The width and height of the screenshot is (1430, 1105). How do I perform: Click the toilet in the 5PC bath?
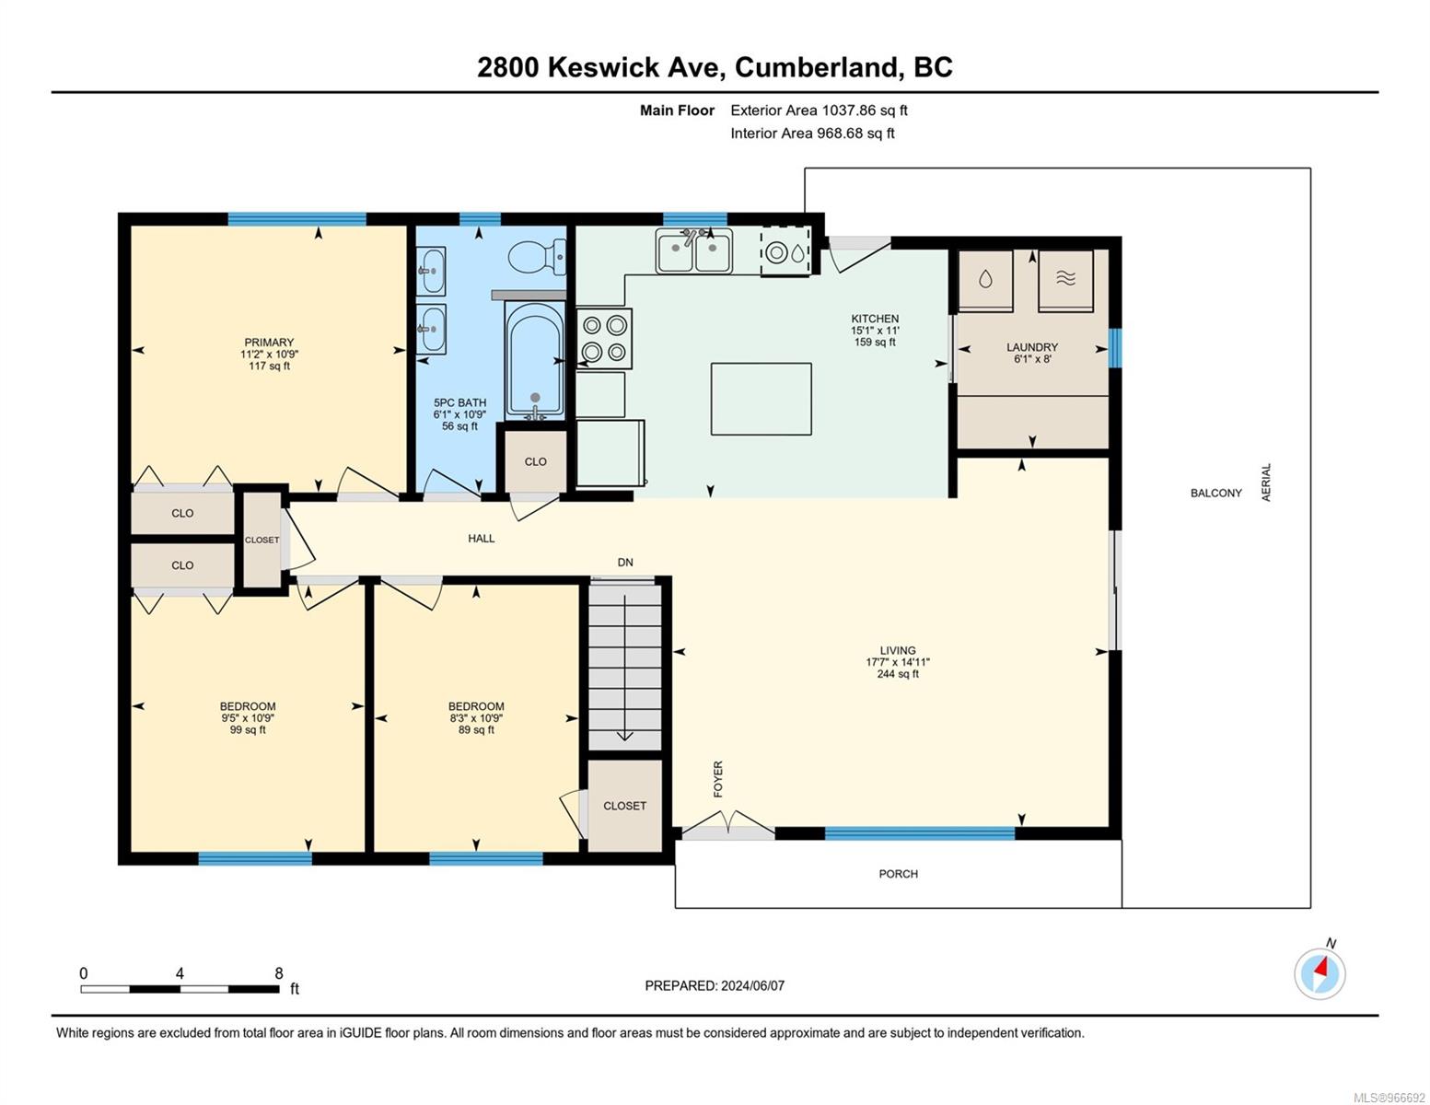536,257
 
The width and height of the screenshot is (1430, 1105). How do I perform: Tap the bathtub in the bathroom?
535,361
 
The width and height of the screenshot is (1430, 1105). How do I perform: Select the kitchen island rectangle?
761,399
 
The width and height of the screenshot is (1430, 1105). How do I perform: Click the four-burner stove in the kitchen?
604,339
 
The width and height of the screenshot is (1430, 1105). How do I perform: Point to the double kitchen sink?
693,250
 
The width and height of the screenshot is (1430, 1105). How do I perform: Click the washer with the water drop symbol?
985,280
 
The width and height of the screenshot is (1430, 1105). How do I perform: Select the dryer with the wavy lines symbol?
1065,280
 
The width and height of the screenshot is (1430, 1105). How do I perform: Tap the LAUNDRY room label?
1032,347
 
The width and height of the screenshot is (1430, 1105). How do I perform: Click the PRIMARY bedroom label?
269,343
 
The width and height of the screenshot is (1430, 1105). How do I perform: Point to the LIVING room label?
898,650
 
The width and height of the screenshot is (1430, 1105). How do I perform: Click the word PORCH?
899,874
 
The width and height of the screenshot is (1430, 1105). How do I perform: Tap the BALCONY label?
1216,493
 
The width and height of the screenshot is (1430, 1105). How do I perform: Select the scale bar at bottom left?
180,988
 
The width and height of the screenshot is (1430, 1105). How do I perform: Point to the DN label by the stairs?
625,562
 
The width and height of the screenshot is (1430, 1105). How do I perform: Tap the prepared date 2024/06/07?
753,986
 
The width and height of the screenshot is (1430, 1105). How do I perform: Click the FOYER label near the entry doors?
718,779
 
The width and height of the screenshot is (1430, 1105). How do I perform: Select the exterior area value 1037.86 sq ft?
866,110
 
